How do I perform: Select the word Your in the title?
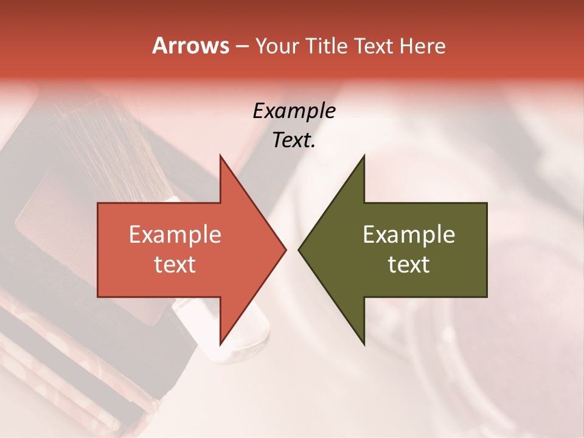277,46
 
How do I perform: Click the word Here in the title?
423,46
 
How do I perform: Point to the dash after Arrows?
242,47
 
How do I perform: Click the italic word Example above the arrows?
294,111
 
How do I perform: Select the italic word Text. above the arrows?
294,140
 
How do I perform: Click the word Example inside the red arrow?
175,235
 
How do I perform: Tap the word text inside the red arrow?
175,264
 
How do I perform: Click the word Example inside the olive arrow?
409,235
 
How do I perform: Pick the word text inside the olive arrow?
409,264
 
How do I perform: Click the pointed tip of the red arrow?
285,250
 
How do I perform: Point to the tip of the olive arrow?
299,250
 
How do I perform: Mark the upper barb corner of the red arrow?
220,156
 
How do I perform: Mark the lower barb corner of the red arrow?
220,344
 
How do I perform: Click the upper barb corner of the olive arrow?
364,156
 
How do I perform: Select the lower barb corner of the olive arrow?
364,344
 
